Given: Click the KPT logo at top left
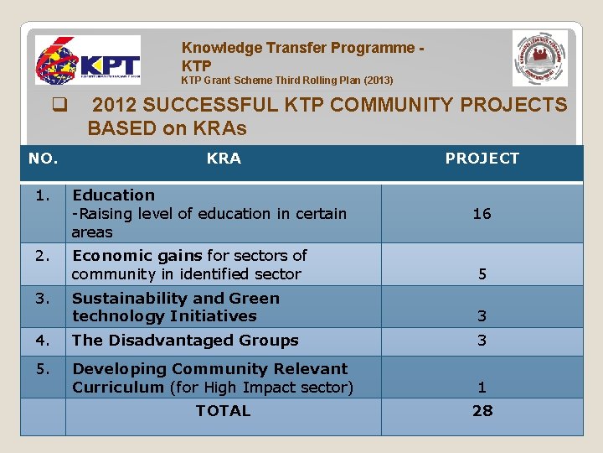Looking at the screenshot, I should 87,60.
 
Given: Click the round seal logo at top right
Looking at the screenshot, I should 539,58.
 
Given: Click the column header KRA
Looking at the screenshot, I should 224,159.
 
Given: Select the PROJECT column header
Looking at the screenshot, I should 482,159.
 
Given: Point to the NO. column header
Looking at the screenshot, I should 44,159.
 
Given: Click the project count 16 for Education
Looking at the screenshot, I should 482,214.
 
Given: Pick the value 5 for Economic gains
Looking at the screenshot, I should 482,273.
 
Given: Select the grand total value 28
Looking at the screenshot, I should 482,411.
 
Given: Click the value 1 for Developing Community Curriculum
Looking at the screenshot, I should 482,388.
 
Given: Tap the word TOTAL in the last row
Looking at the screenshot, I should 223,411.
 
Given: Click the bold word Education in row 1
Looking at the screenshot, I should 113,195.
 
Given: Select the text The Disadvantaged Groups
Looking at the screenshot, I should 185,341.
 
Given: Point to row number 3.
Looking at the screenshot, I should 43,299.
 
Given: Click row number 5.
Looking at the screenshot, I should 43,369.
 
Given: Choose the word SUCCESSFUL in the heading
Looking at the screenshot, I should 204,106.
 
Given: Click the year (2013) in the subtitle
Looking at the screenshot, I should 376,81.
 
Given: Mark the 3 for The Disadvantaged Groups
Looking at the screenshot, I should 482,341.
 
